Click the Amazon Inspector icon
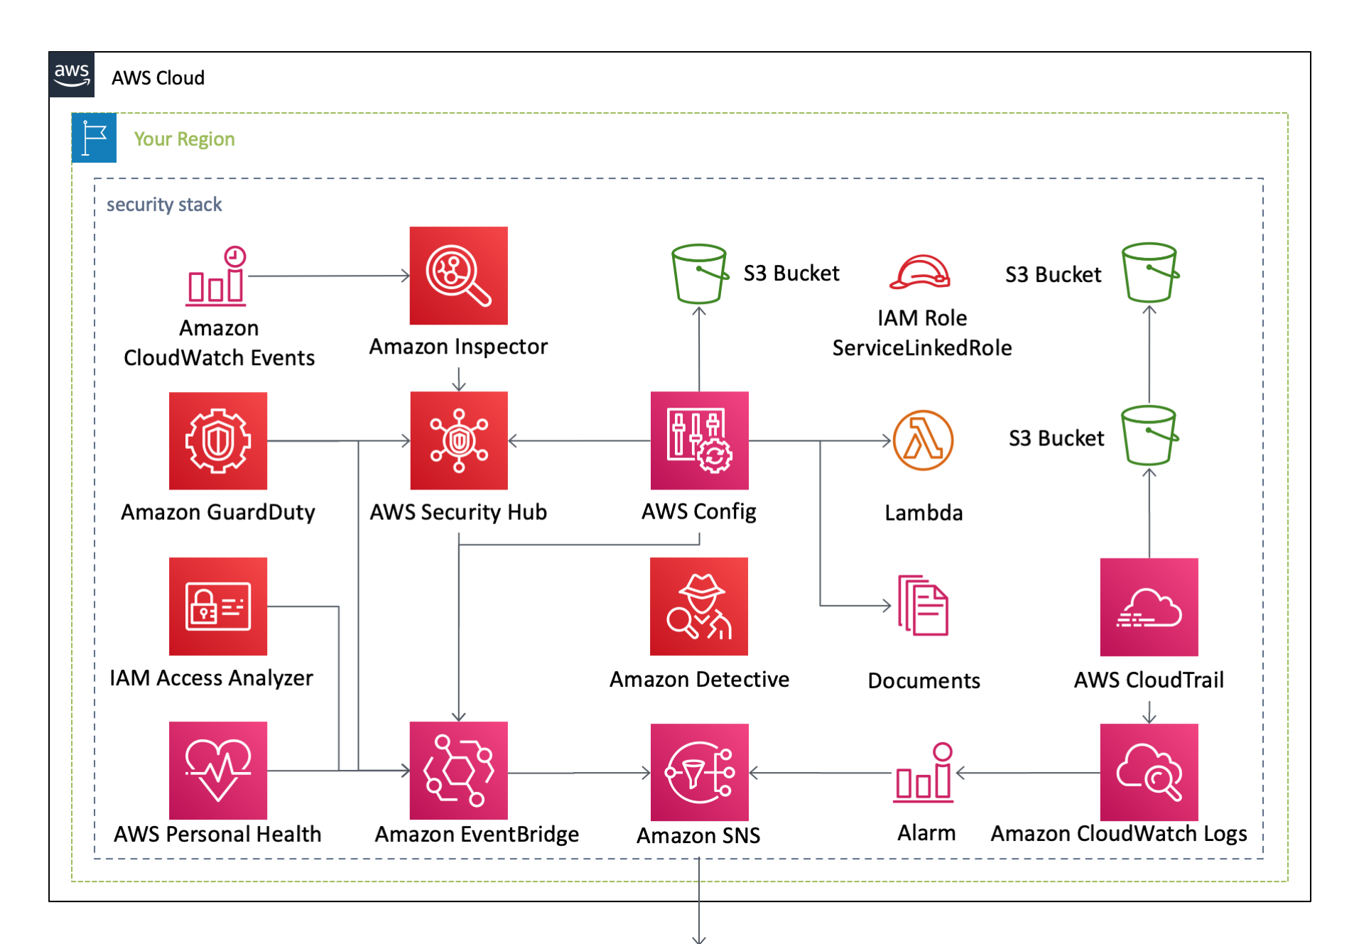458,276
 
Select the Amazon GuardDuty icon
218,440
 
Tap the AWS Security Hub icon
458,440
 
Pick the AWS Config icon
699,440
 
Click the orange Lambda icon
923,440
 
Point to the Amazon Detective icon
699,606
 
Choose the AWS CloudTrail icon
1149,607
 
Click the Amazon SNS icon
699,772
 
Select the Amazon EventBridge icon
458,771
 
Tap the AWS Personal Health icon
218,771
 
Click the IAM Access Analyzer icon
218,606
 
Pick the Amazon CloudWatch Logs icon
1149,772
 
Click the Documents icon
923,605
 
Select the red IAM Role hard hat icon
920,273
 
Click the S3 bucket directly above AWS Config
699,273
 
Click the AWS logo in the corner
72,74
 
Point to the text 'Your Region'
184,139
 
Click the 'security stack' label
164,205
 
